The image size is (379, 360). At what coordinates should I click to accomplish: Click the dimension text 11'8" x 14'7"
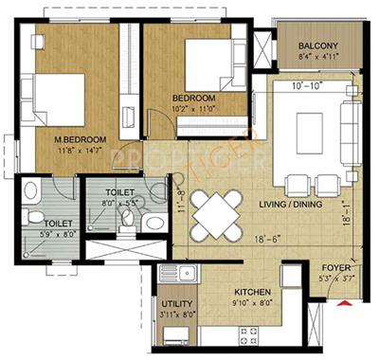[x=80, y=149]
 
